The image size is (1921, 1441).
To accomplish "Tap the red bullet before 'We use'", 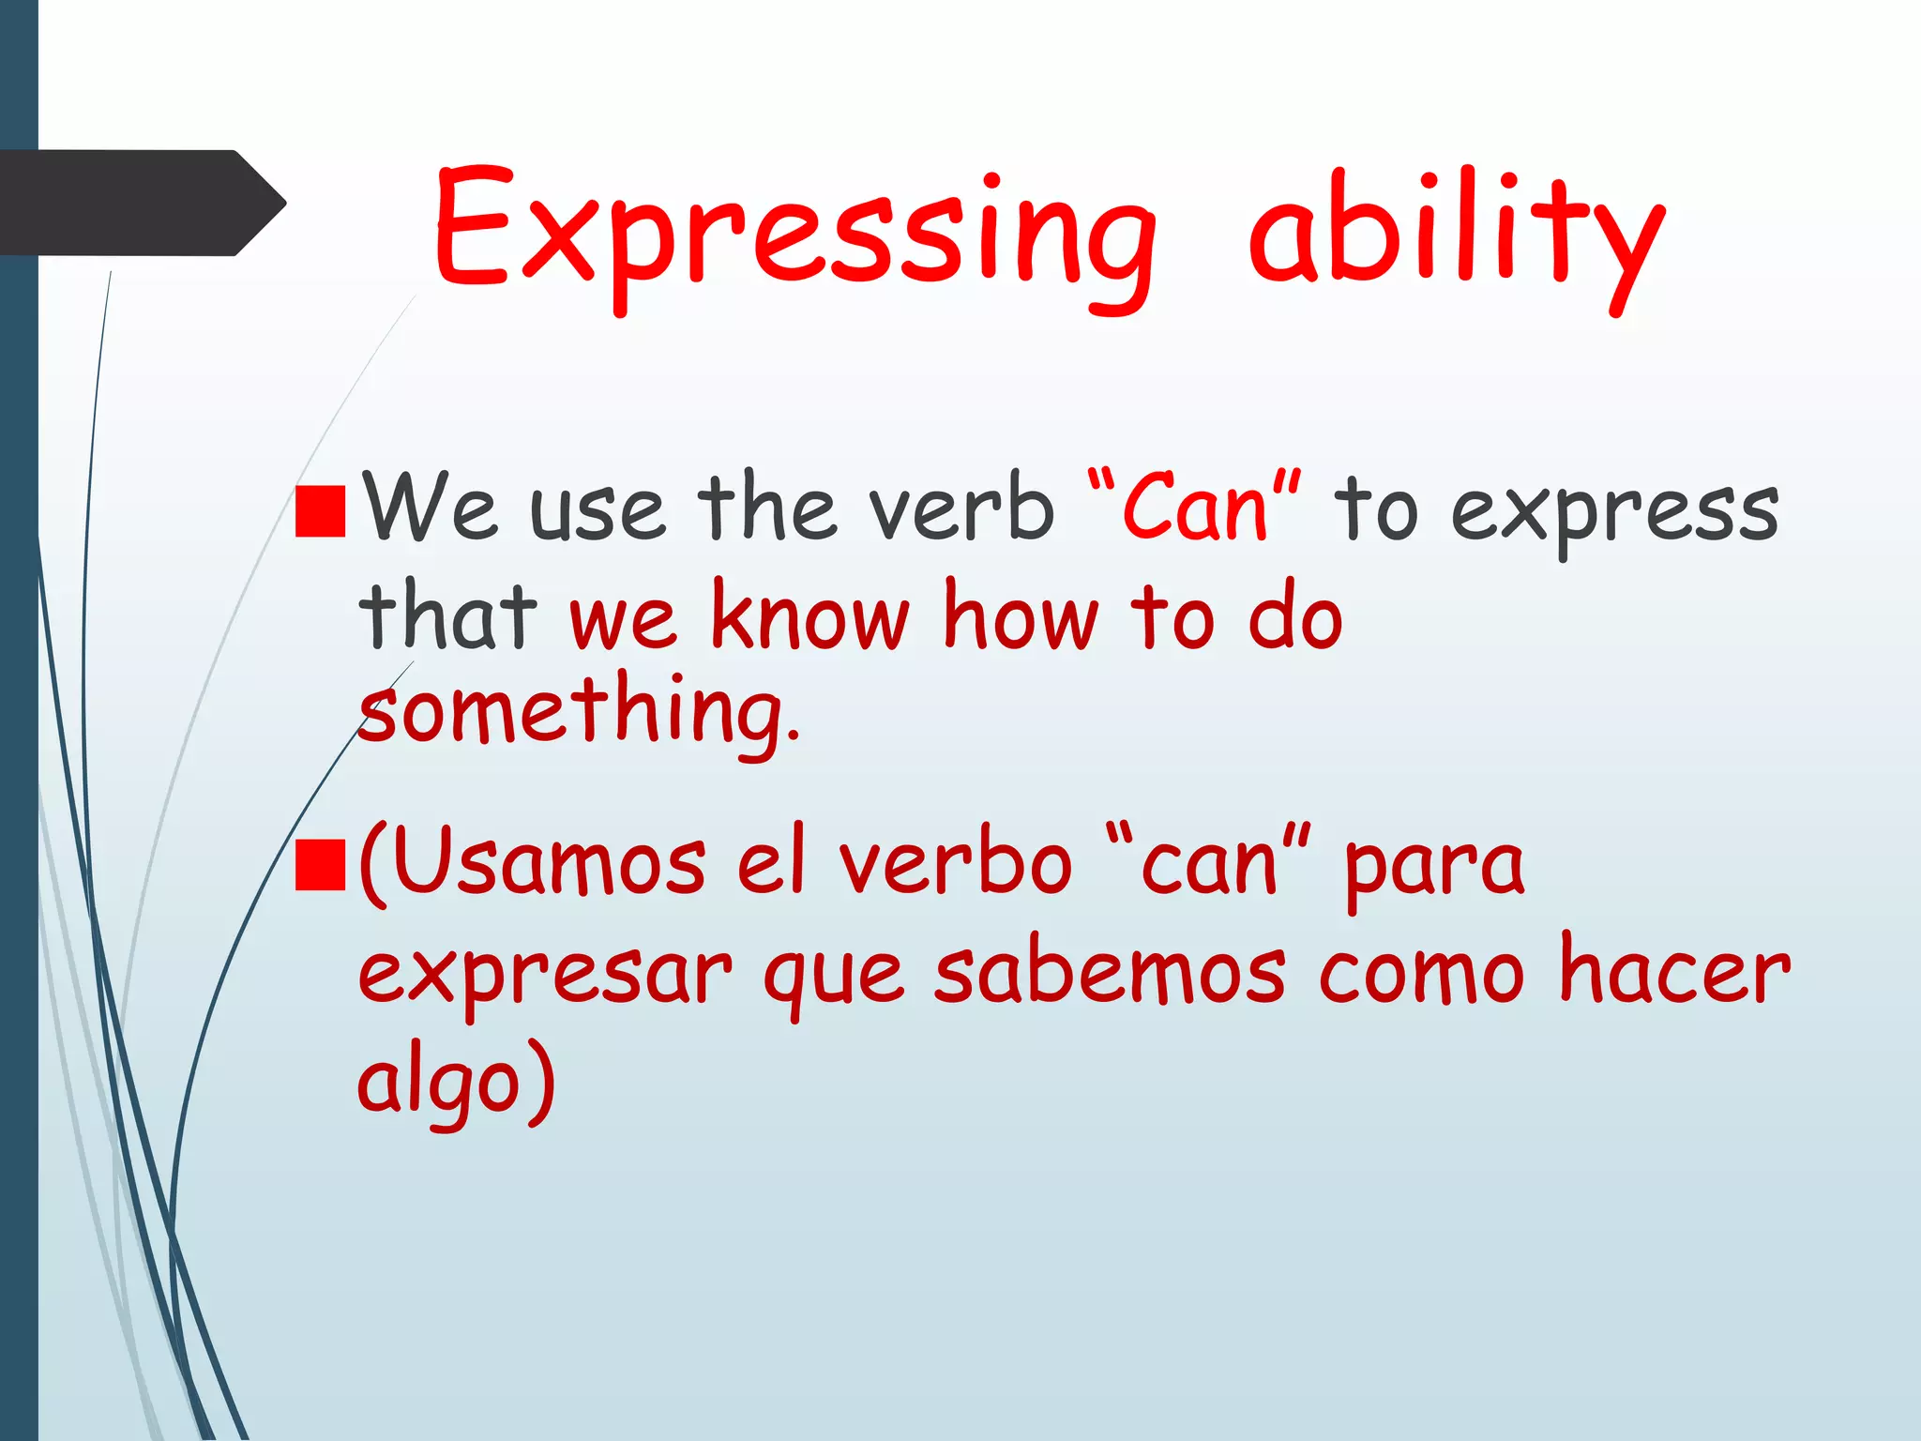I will (320, 511).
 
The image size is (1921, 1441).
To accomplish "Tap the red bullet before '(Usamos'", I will (320, 864).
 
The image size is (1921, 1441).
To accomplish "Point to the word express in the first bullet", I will (1613, 511).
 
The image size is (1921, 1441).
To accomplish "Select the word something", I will (577, 713).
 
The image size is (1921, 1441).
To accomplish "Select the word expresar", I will (544, 976).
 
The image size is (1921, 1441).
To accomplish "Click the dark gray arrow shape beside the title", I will (141, 203).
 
